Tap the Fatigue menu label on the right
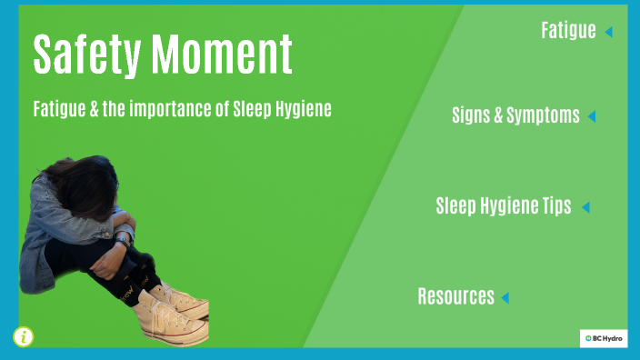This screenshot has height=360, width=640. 568,31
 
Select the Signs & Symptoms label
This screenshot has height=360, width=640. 515,115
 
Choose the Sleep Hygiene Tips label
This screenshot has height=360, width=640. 504,206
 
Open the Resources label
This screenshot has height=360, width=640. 455,296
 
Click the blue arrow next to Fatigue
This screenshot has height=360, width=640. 608,32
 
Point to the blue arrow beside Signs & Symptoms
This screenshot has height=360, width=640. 591,116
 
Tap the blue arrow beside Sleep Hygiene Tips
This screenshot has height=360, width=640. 585,207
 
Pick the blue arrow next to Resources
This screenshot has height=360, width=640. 505,297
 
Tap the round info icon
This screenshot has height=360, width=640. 23,336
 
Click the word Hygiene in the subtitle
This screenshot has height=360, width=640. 300,109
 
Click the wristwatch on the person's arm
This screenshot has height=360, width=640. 122,240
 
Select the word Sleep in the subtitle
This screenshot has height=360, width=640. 250,109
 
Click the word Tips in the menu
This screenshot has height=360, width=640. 556,206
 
